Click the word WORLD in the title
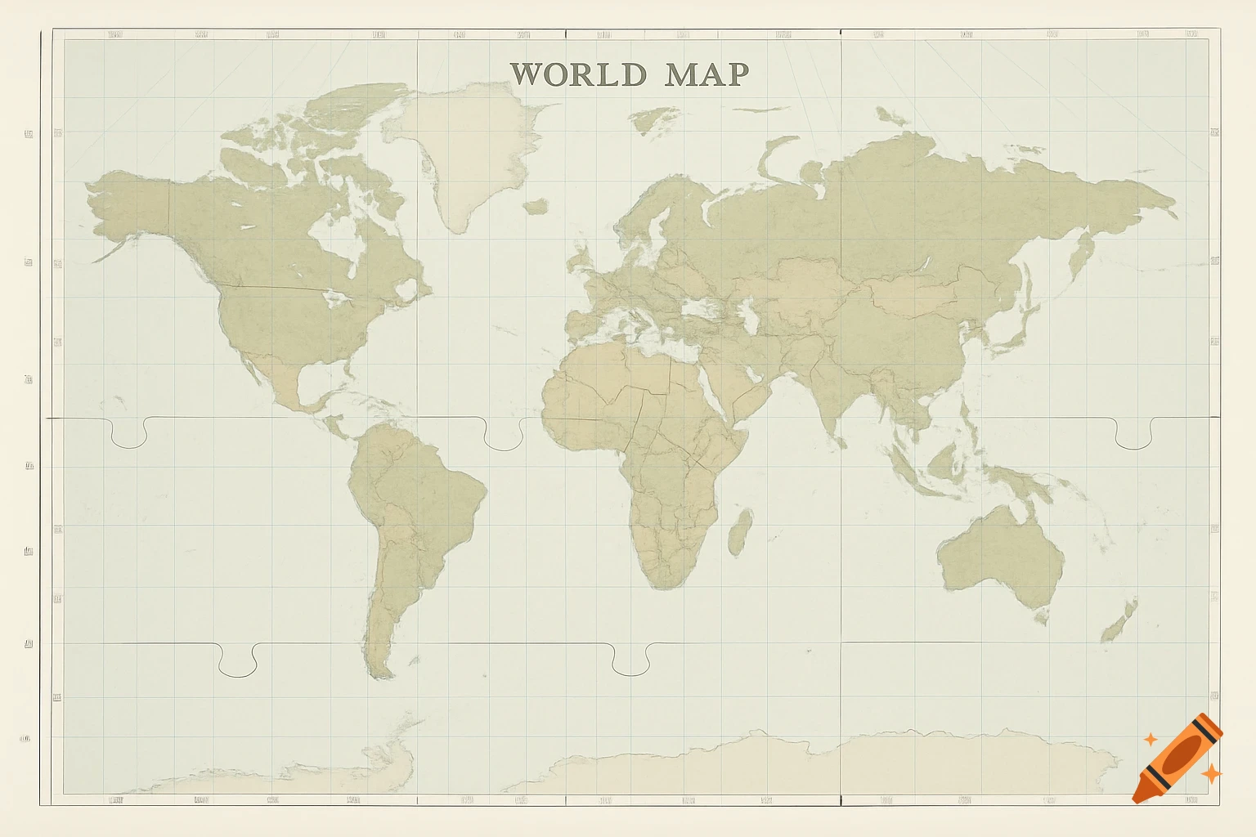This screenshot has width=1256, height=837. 578,74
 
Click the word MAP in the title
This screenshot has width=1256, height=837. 706,74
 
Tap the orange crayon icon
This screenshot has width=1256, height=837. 1177,758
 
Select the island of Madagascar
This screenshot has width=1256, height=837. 741,531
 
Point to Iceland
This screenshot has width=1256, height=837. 536,207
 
